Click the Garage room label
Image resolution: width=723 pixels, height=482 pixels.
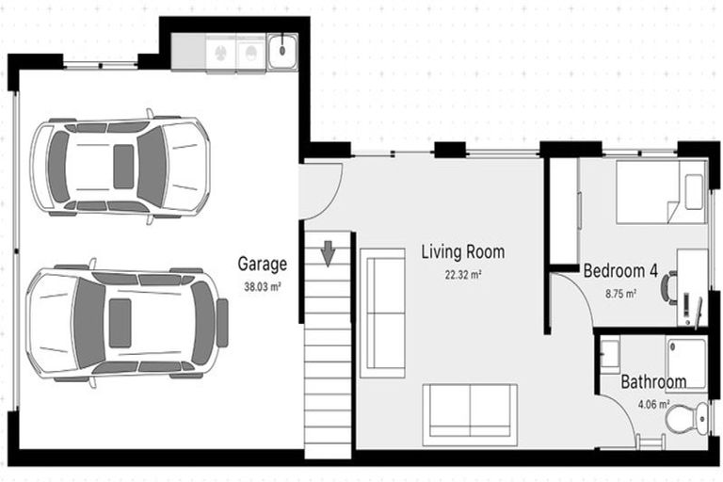[x=262, y=265]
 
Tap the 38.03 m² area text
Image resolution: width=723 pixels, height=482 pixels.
[x=262, y=286]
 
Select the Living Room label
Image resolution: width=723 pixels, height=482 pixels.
[x=462, y=252]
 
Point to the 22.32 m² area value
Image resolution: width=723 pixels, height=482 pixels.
[x=463, y=275]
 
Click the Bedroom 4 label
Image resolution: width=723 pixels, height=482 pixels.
[x=620, y=271]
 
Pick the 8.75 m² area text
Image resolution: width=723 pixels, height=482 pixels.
[x=620, y=293]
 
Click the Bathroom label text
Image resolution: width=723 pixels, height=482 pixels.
[x=653, y=382]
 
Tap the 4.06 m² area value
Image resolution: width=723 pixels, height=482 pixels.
[x=653, y=405]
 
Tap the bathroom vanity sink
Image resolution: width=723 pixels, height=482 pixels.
[x=608, y=354]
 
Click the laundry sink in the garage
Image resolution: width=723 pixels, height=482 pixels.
[x=281, y=53]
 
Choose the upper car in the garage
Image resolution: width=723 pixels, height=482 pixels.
[x=120, y=167]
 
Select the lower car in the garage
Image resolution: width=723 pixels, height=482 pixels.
[x=126, y=323]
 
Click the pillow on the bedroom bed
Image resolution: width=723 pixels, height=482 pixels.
[x=695, y=192]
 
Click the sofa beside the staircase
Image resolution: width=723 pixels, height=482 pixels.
[x=382, y=313]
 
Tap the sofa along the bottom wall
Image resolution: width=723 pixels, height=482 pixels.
[x=470, y=414]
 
